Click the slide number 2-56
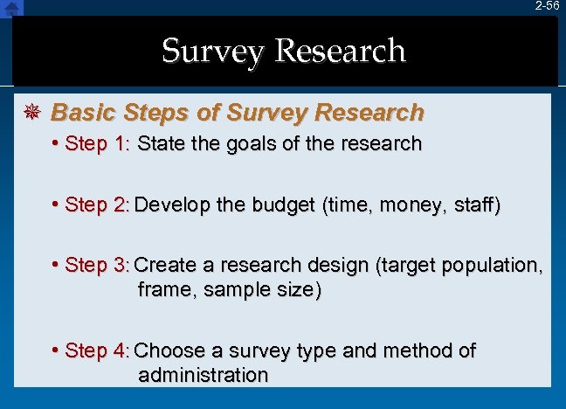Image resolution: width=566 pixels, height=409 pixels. click(x=548, y=6)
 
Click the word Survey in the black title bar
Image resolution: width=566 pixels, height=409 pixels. click(x=213, y=52)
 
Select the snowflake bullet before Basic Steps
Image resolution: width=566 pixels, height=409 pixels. click(x=32, y=113)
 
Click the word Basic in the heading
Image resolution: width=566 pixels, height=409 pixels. click(x=83, y=113)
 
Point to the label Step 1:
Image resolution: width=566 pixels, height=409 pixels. click(x=97, y=143)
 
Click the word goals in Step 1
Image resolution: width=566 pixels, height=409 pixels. click(x=227, y=143)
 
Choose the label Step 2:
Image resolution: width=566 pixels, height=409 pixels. click(x=97, y=205)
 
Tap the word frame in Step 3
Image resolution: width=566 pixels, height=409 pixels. click(x=167, y=289)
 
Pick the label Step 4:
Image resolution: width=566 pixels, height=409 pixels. click(x=97, y=351)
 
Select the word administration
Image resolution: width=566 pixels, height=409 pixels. click(x=203, y=375)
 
